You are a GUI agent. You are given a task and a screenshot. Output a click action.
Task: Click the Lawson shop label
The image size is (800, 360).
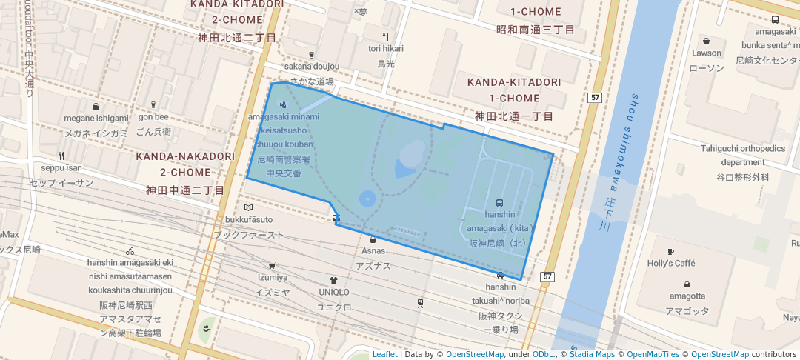point(706,53)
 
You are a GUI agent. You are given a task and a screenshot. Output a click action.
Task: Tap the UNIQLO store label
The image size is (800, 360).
point(333,292)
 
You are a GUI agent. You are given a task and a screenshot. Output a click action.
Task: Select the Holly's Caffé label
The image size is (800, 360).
point(671,263)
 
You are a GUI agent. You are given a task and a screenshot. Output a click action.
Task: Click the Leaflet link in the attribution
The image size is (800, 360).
point(384,354)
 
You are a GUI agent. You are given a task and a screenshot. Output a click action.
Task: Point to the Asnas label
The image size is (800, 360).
point(373,250)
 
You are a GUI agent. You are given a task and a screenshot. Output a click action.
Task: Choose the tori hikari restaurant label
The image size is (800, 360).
point(385,48)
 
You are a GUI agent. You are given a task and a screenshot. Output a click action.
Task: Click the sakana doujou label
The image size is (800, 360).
point(311,67)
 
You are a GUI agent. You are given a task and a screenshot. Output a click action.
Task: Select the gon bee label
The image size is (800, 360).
point(153,116)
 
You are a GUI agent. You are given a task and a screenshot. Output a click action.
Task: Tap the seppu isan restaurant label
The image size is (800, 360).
point(61,167)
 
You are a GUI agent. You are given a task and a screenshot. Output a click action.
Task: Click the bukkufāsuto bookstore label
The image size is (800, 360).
point(249,219)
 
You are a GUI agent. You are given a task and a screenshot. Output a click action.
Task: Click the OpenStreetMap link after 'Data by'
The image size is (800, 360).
point(474,354)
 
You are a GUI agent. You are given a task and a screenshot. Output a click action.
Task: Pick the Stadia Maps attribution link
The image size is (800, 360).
point(592,354)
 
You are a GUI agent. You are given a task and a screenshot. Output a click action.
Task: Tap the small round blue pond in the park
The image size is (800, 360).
point(367,199)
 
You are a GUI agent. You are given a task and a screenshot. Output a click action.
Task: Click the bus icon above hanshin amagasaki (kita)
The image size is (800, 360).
point(499,202)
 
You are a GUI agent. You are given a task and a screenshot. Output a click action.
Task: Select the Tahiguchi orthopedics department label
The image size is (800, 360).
point(742,155)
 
